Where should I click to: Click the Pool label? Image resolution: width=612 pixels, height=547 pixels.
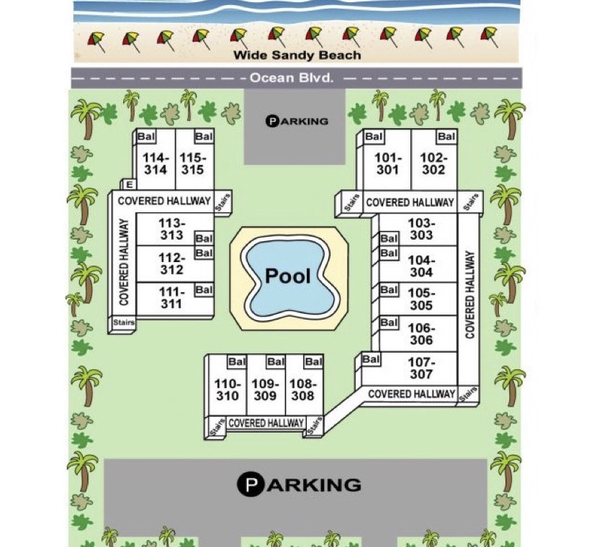tap(288, 276)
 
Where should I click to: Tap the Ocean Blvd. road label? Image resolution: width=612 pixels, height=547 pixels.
tap(292, 78)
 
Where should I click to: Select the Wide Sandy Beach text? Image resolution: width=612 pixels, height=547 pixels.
tap(297, 55)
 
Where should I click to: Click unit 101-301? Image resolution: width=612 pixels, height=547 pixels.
tap(387, 163)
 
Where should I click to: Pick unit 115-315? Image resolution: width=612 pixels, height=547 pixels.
tap(192, 163)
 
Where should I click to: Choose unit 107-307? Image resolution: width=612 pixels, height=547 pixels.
tap(421, 368)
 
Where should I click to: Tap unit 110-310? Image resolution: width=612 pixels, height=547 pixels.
tap(227, 389)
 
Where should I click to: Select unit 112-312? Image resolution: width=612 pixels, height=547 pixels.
tap(172, 263)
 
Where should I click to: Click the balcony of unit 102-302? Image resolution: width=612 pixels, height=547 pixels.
tap(446, 137)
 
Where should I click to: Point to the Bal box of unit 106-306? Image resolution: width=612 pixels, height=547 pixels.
tap(389, 322)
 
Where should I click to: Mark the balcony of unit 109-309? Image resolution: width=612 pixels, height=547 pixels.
tap(276, 362)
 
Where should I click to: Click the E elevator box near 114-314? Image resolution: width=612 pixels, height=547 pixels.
tap(129, 184)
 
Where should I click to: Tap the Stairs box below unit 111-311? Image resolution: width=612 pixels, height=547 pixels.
tap(124, 322)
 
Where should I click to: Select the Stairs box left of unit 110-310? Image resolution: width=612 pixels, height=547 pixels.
tap(217, 426)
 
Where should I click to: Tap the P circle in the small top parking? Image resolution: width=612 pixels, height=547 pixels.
tap(271, 121)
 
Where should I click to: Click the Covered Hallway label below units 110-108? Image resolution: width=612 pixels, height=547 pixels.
tap(266, 423)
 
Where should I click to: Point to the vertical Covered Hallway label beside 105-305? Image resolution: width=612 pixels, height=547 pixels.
tap(469, 294)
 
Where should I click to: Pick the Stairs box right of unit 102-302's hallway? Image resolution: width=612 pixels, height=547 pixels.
tap(471, 202)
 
